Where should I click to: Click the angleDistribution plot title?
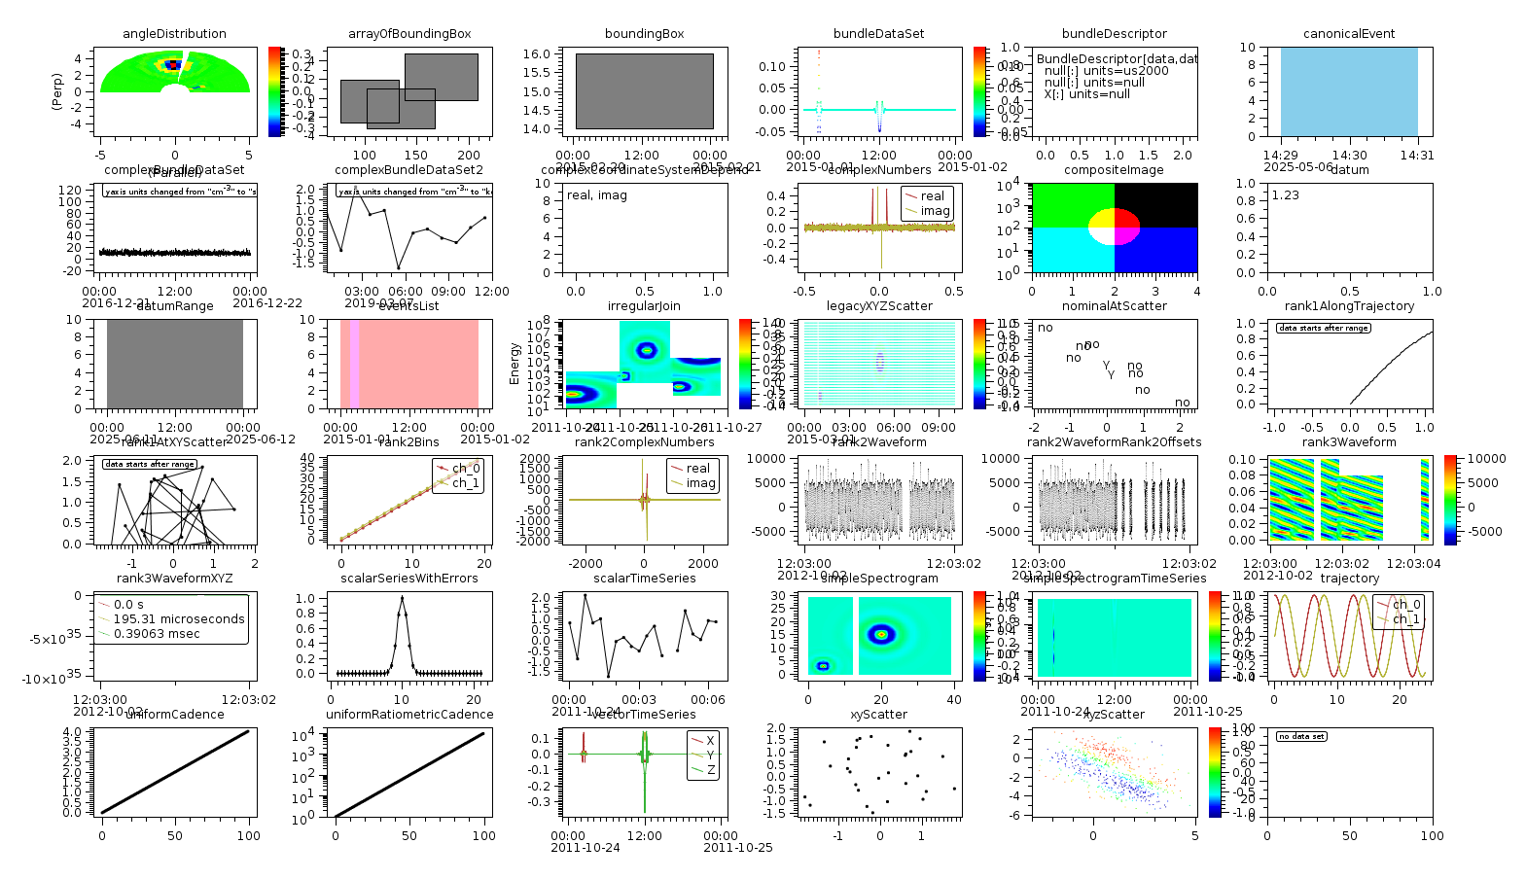click(174, 34)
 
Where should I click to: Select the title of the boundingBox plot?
click(644, 34)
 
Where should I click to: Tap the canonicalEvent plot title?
click(1348, 34)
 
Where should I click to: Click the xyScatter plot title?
click(878, 715)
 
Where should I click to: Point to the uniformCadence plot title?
click(174, 715)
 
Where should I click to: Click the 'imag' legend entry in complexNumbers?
click(935, 211)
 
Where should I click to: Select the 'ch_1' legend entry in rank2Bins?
click(465, 483)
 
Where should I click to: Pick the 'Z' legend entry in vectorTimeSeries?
click(711, 770)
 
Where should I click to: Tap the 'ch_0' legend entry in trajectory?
click(1405, 605)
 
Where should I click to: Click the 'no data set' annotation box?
click(1301, 736)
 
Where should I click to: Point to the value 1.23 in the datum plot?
click(1285, 195)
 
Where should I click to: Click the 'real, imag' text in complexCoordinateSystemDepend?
click(597, 195)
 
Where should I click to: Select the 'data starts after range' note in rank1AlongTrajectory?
click(1323, 328)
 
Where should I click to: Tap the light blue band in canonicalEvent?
click(1348, 91)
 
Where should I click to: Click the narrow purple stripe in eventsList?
click(354, 364)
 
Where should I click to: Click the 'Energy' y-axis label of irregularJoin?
click(515, 364)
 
